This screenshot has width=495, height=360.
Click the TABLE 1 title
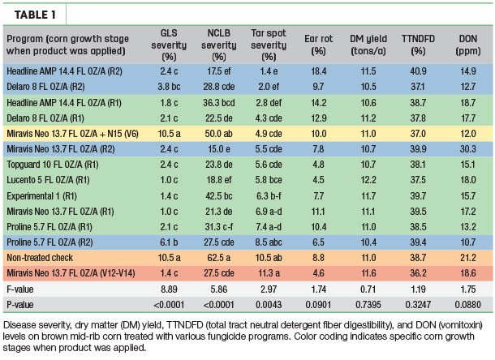pos(35,15)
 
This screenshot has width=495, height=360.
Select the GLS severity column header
pos(169,45)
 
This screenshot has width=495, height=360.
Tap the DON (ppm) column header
pos(468,45)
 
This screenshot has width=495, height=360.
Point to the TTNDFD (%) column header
pos(418,45)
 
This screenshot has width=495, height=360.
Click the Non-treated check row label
pos(40,258)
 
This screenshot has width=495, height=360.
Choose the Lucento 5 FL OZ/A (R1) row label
pos(48,180)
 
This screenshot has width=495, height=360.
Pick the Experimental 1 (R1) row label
pos(41,196)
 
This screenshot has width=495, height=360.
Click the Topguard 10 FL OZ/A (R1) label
pos(53,165)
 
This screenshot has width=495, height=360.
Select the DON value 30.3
pos(468,149)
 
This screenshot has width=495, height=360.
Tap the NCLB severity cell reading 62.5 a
pos(219,258)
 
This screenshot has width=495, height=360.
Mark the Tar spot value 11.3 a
pos(269,273)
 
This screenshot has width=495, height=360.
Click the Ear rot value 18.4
pos(319,71)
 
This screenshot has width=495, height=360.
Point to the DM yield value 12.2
pos(368,180)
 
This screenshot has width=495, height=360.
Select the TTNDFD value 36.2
pos(418,273)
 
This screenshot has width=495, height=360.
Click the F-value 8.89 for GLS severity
pos(169,289)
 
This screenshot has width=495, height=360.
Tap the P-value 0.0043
pos(269,305)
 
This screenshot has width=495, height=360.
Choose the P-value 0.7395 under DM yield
pos(368,305)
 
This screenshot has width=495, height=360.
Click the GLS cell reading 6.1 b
pos(169,242)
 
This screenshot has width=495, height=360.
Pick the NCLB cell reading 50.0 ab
pos(219,134)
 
